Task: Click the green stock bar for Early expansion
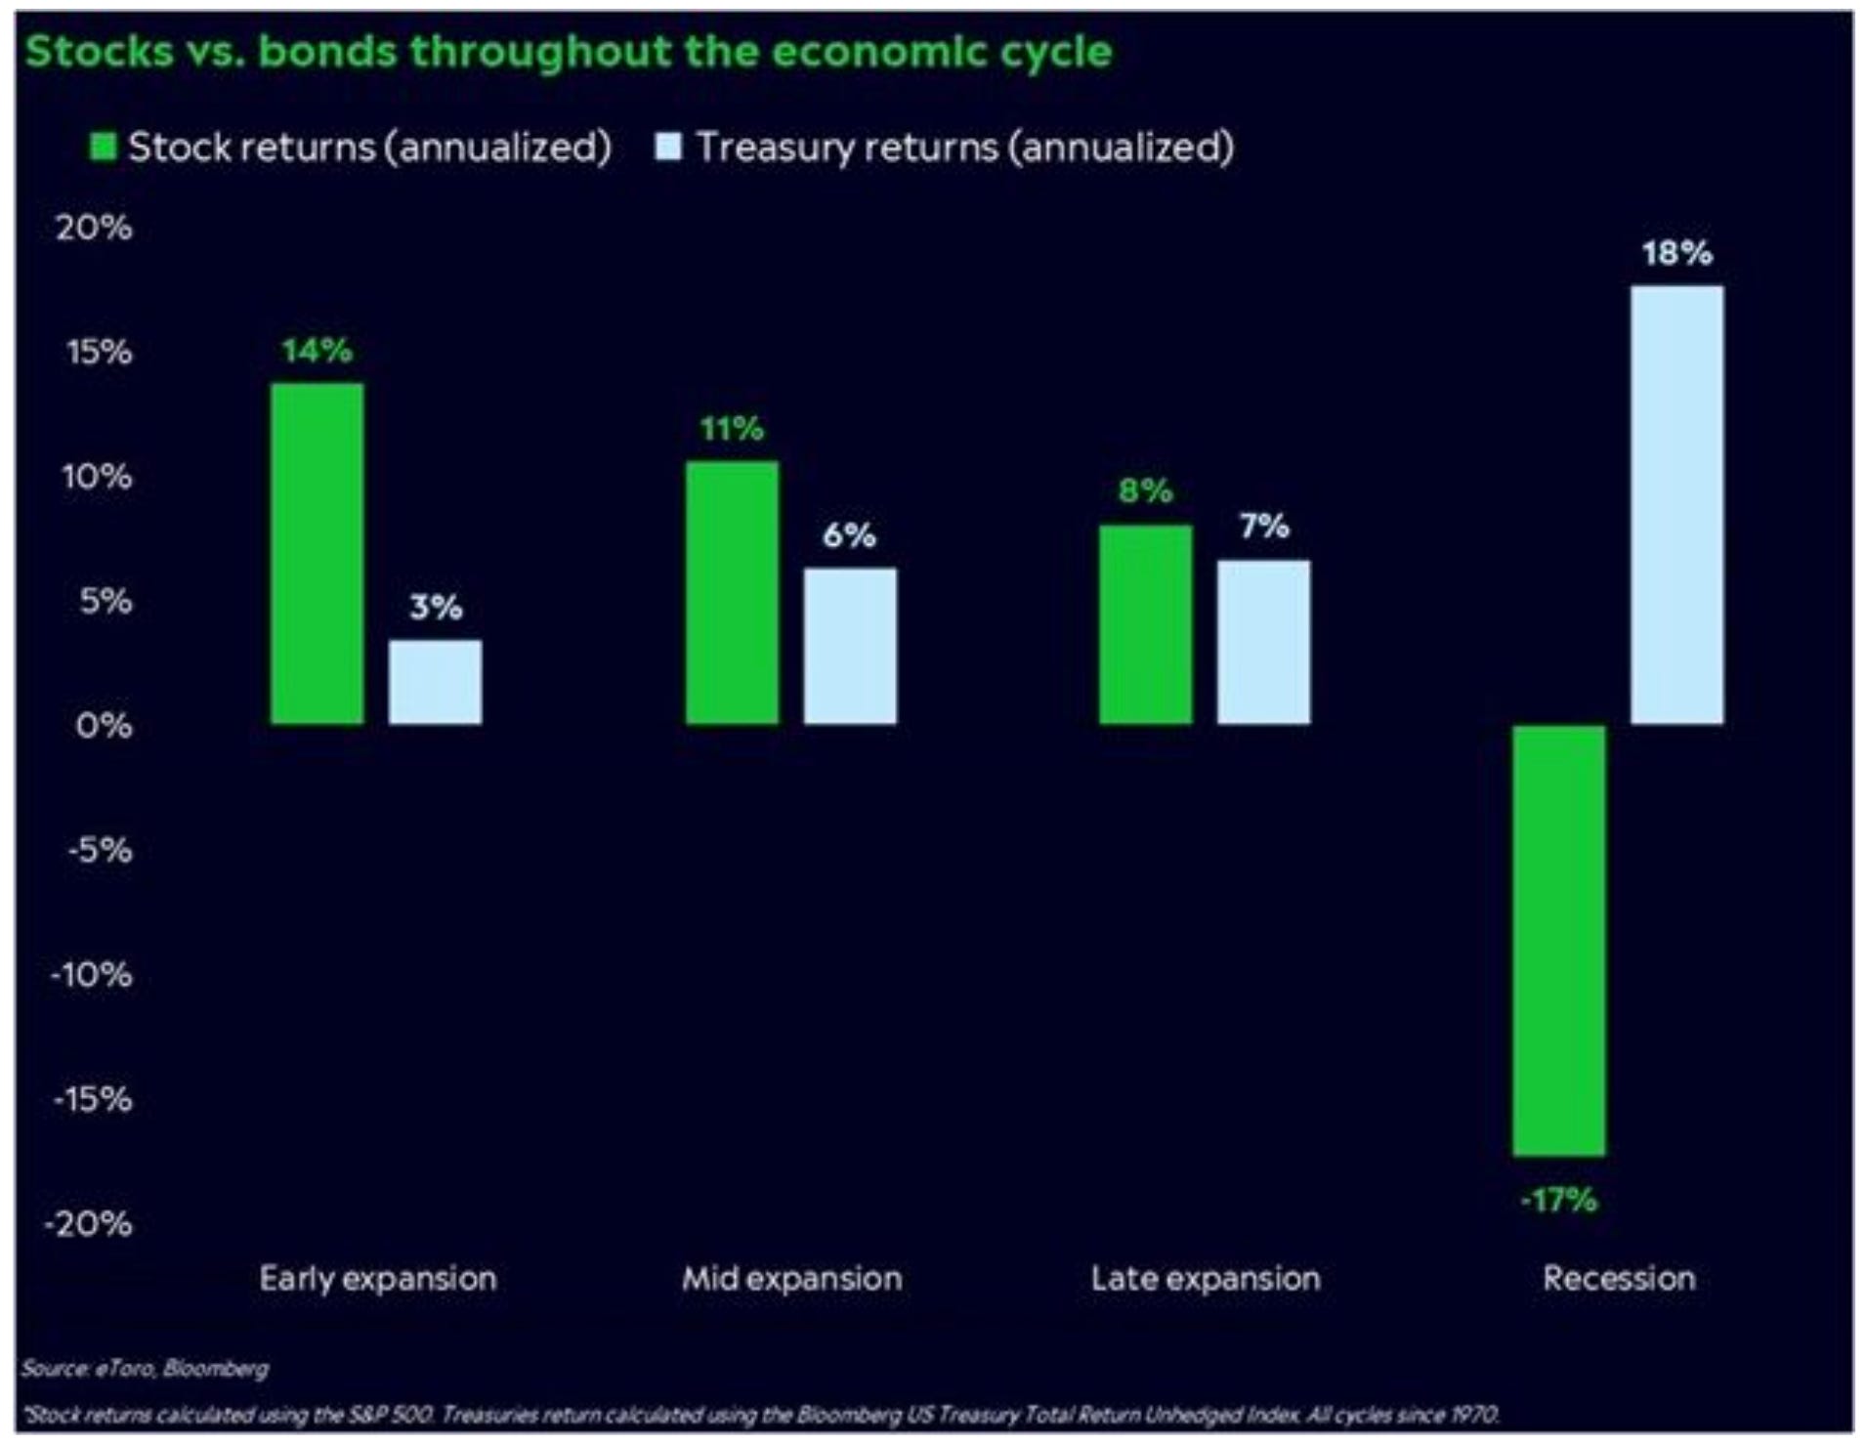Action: pos(317,553)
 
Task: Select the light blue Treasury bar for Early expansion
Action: pos(435,682)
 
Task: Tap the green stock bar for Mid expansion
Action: pos(732,592)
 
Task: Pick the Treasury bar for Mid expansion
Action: pos(849,646)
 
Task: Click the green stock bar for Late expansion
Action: pos(1145,625)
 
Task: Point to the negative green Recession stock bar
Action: pos(1558,940)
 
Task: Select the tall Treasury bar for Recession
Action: pos(1676,504)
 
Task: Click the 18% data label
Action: pos(1676,254)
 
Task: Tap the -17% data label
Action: pos(1558,1200)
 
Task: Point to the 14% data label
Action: pos(317,350)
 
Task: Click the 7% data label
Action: pos(1264,527)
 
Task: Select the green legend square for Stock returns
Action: pos(103,147)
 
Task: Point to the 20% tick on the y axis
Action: pos(94,228)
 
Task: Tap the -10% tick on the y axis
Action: pos(92,975)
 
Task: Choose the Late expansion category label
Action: pos(1206,1278)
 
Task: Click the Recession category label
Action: pos(1619,1278)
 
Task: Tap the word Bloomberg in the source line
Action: pos(215,1368)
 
